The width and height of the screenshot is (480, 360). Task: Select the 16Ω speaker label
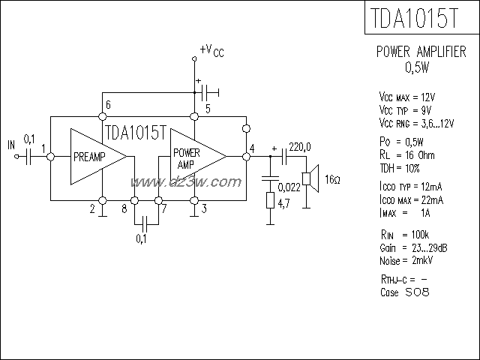332,181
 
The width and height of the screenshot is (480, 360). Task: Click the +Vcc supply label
211,50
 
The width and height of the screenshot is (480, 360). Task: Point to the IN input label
10,144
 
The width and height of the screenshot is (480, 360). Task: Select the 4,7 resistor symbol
269,201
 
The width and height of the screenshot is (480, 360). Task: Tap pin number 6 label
109,104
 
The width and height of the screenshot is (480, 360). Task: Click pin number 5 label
208,109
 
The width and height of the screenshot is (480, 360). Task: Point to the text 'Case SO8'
405,292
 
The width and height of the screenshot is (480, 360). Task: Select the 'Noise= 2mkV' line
406,259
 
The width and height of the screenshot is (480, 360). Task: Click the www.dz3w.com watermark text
185,183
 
